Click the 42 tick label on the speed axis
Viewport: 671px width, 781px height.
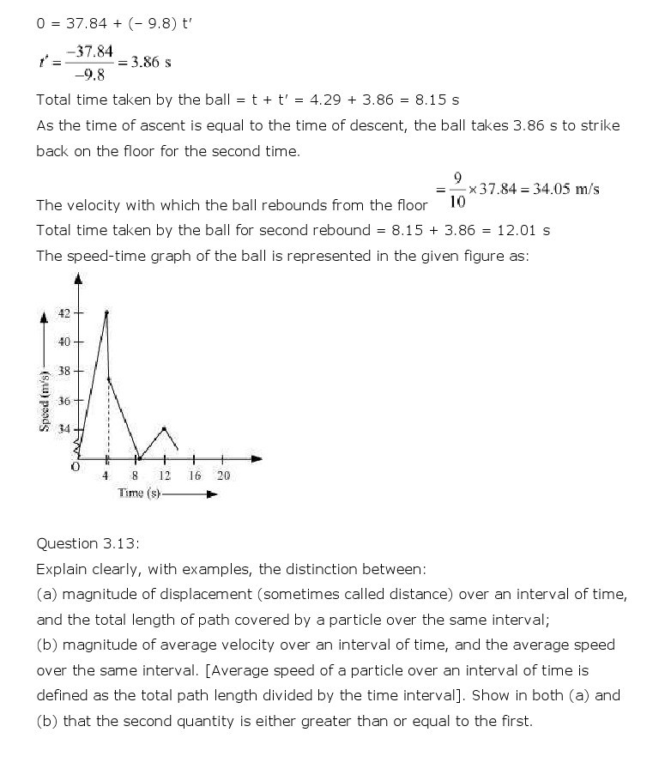(64, 313)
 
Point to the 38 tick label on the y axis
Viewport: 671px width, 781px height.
(64, 372)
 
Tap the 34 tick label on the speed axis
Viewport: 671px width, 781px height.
(64, 428)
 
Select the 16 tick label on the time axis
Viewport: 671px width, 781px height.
(195, 475)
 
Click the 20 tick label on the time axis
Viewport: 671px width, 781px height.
(223, 475)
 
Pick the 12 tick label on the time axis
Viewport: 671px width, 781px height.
(164, 475)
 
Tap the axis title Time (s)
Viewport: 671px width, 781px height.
(139, 493)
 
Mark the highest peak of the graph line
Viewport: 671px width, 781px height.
(106, 312)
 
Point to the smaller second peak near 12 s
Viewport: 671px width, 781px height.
(164, 427)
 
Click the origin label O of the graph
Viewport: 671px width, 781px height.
(76, 469)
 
